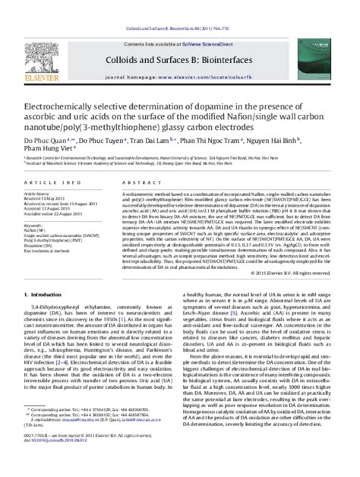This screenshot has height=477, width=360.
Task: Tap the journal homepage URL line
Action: (x=183, y=56)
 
